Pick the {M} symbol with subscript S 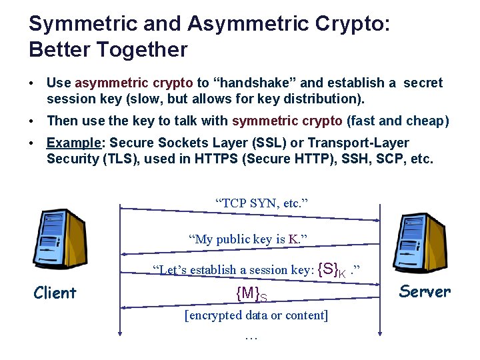[x=251, y=293]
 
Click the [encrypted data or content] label [x=256, y=315]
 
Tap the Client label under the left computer [x=55, y=293]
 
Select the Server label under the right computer [x=425, y=291]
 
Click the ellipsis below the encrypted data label [x=251, y=337]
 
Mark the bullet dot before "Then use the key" [x=32, y=121]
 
